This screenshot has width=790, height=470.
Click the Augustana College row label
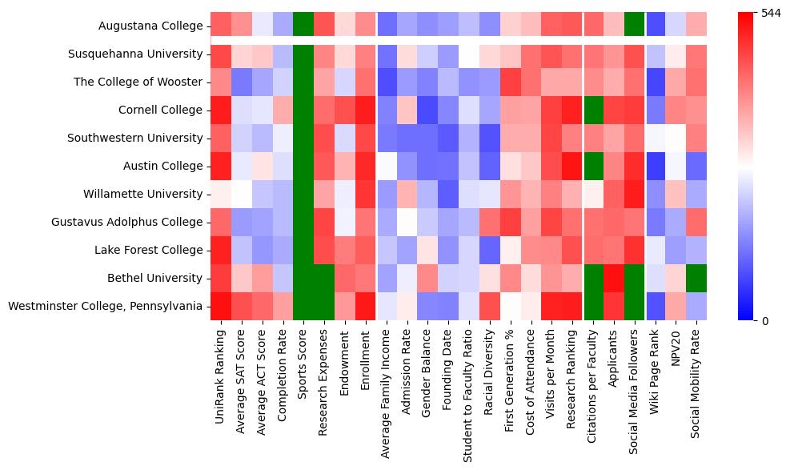(150, 26)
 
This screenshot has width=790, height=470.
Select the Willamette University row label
(142, 194)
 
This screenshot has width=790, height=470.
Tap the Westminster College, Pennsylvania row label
(105, 306)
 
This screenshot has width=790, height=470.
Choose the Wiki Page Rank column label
(656, 363)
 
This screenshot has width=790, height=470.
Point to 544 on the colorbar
(772, 14)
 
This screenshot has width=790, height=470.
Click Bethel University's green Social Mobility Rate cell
(697, 278)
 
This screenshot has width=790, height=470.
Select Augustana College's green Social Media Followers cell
(635, 26)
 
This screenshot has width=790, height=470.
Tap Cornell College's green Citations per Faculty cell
(593, 110)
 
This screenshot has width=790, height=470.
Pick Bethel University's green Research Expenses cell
(325, 278)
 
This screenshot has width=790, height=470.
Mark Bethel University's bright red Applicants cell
(614, 278)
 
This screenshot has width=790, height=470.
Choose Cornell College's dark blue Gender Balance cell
(427, 110)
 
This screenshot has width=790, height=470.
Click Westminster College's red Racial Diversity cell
(490, 306)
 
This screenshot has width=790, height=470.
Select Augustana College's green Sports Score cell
(304, 26)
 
